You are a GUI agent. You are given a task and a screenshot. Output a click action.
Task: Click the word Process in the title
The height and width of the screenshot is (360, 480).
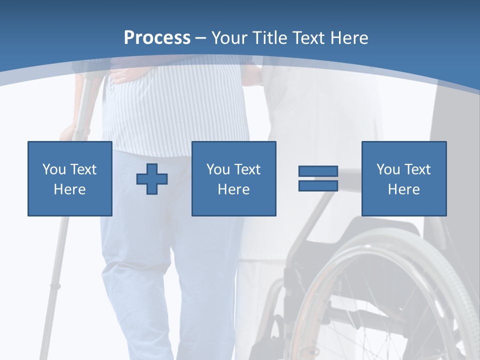[x=157, y=38]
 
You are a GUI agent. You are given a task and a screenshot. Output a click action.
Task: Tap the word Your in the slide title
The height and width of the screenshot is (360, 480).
[x=230, y=38]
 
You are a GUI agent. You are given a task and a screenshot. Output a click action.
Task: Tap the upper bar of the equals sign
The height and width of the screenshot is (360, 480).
[x=318, y=171]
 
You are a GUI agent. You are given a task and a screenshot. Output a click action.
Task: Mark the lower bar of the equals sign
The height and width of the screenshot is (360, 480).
[x=318, y=185]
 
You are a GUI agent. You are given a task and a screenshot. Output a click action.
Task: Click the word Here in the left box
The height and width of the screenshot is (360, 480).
[x=69, y=189]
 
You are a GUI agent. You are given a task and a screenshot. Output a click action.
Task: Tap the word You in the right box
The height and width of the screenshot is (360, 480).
[x=388, y=169]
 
